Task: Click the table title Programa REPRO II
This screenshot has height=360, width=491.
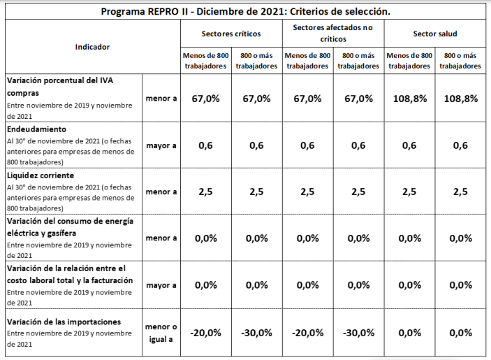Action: (244, 12)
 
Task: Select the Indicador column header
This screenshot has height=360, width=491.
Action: (92, 46)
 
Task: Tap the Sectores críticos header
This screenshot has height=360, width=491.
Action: (231, 34)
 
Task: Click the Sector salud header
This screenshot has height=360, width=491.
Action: (434, 34)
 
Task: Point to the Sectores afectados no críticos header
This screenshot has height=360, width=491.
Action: (332, 34)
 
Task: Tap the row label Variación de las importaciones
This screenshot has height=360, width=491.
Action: (64, 322)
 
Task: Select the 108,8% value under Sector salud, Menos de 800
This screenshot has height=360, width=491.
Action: (409, 99)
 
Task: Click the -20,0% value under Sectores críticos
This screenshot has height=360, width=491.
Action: (205, 333)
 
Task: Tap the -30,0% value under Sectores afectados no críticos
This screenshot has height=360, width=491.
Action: (358, 333)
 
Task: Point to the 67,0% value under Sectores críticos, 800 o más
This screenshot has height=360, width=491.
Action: (256, 99)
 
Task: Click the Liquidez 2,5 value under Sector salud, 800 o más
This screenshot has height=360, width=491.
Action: (461, 192)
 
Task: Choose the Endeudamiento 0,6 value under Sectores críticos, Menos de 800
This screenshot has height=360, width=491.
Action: (205, 146)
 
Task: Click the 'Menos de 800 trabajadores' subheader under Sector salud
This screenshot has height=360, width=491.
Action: (409, 61)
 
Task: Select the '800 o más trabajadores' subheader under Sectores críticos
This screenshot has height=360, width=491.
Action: (256, 61)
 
